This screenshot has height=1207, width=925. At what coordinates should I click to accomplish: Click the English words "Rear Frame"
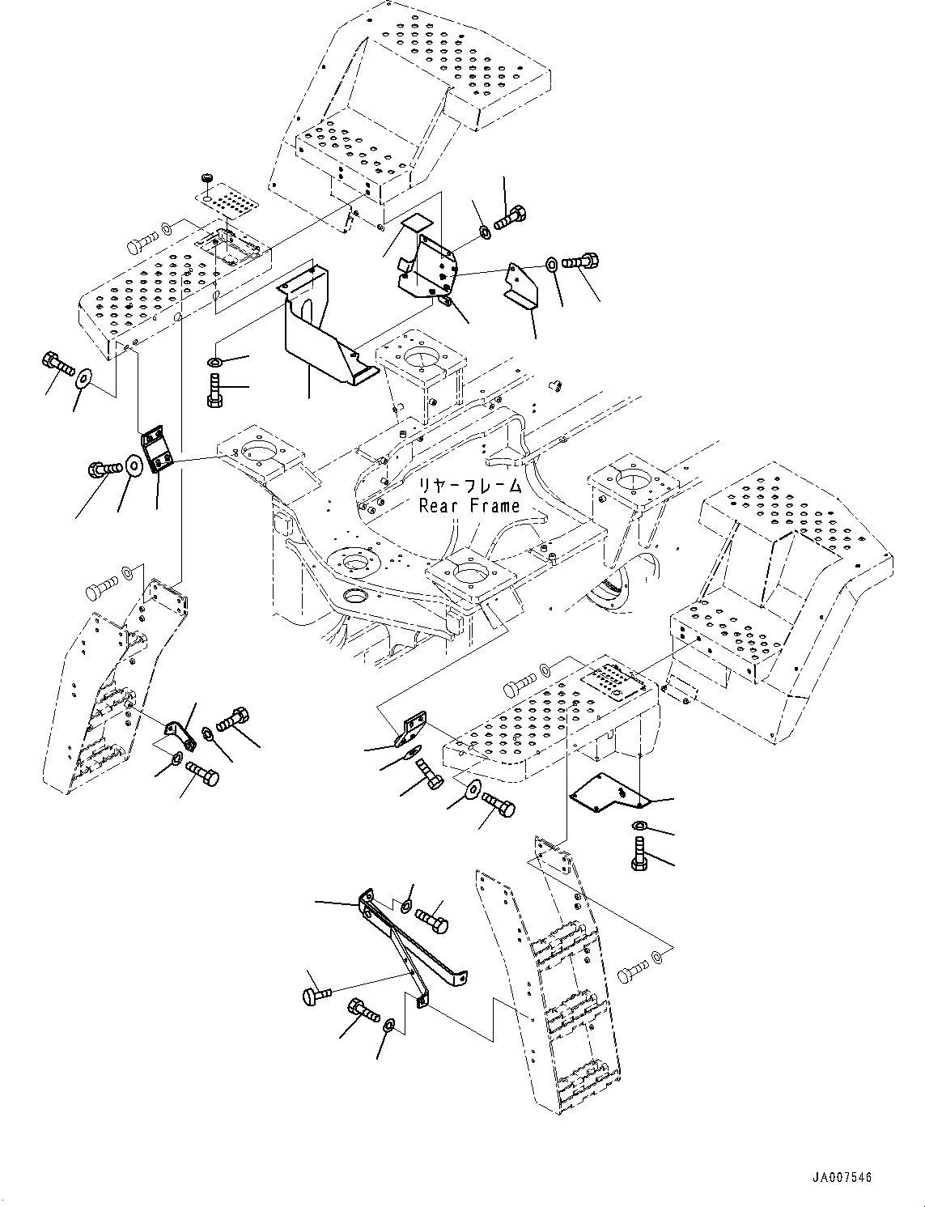(469, 506)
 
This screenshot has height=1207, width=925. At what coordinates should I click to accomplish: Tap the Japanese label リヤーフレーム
(469, 487)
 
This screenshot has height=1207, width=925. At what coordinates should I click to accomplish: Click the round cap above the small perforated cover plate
(206, 178)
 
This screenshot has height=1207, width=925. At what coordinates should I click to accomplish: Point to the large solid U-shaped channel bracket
(329, 325)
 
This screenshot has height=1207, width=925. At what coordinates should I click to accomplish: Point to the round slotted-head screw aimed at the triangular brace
(316, 994)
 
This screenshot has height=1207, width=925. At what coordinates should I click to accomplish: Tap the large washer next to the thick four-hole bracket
(134, 465)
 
